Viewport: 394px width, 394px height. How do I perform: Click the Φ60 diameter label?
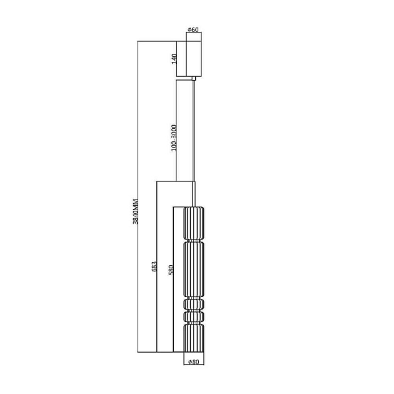pos(193,29)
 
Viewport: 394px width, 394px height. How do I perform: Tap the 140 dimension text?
pos(174,59)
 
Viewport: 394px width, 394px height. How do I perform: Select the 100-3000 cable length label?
pos(174,138)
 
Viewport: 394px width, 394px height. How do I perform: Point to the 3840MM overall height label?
pos(135,211)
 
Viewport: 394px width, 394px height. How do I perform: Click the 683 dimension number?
pos(154,266)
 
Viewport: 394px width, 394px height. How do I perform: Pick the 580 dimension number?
pos(171,270)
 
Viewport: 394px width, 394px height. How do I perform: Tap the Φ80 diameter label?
pos(194,362)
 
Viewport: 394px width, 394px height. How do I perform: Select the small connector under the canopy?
pos(194,78)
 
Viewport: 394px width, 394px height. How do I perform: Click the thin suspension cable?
pos(194,131)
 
